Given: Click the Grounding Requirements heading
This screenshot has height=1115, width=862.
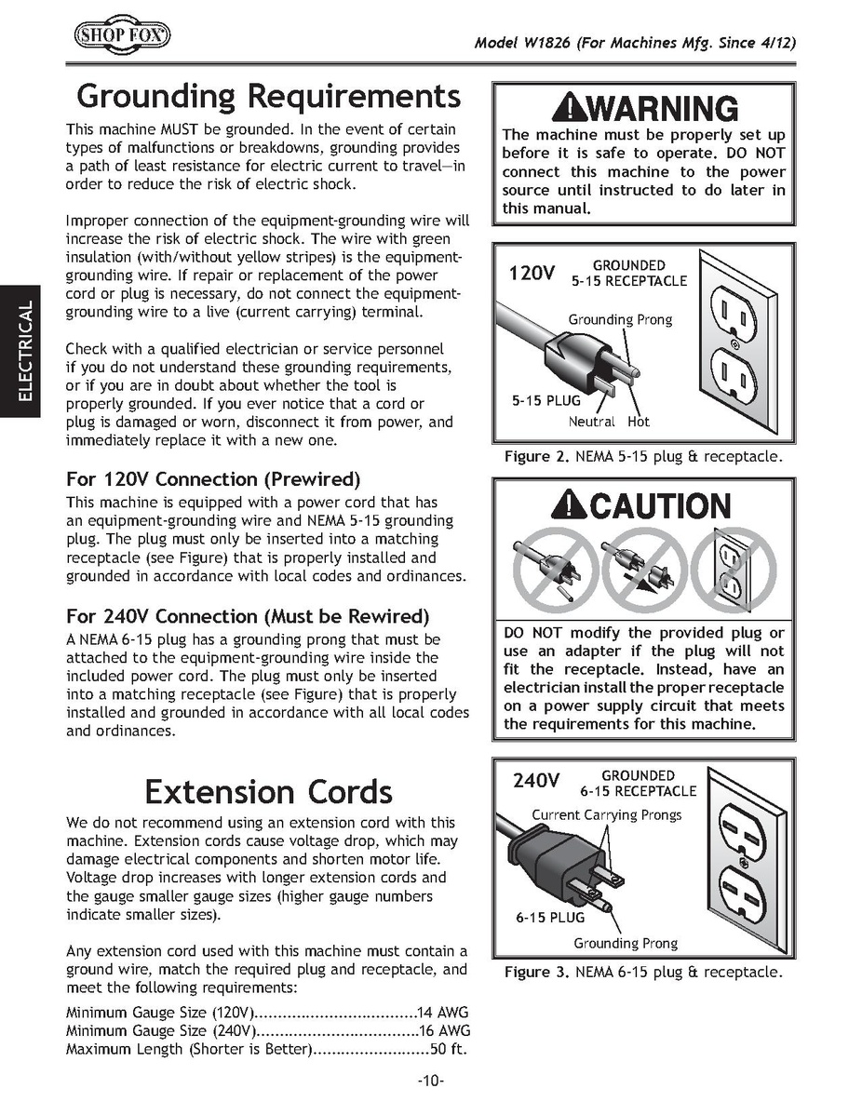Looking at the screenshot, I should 268,96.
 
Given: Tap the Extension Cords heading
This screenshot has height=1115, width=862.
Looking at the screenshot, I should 268,791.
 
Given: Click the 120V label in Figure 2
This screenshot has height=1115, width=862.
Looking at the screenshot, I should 532,274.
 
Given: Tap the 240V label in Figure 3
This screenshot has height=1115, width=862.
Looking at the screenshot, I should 535,780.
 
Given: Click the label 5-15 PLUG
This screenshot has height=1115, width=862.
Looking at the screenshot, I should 545,401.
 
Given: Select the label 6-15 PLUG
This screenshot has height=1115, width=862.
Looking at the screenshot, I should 550,917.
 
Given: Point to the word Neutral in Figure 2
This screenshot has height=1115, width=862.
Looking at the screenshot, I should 592,422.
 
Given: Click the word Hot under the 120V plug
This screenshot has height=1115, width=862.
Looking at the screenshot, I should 639,422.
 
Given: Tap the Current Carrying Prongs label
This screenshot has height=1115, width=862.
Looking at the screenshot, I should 607,814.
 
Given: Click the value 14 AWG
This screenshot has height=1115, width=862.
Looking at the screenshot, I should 444,1012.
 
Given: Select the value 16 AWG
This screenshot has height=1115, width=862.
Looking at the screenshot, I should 444,1030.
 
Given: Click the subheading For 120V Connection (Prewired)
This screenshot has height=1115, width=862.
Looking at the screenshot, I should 213,479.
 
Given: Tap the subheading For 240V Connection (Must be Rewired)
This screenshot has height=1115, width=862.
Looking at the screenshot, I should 248,616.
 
